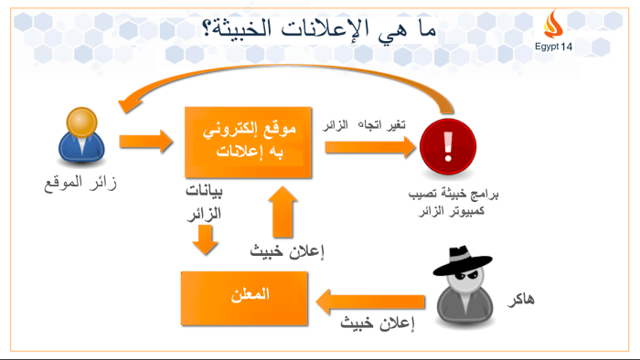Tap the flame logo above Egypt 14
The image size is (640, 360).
pos(553,24)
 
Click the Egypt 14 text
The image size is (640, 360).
pos(553,47)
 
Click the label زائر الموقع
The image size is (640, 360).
pos(81,184)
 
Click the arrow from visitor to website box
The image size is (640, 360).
pos(146,142)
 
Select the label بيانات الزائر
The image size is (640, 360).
pos(204,204)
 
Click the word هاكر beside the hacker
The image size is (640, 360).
pos(545,299)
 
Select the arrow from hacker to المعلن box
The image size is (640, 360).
pos(371,299)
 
